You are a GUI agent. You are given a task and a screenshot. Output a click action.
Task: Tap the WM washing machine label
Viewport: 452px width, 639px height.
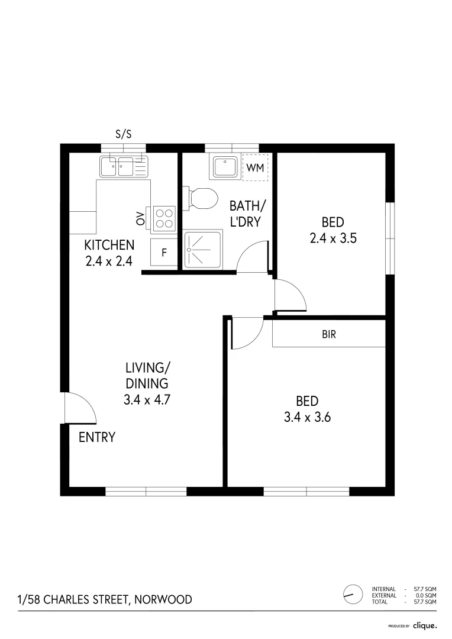[255, 167]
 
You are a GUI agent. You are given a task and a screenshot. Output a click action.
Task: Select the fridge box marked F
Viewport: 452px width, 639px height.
[164, 253]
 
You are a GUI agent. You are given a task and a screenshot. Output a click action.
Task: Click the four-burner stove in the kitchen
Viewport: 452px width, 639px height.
[165, 218]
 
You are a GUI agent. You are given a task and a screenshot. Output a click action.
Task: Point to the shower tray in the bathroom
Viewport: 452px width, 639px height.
[202, 250]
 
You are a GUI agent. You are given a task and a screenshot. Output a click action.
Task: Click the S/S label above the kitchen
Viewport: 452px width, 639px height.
[123, 134]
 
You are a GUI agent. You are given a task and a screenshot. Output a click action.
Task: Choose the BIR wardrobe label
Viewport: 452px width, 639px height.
[329, 334]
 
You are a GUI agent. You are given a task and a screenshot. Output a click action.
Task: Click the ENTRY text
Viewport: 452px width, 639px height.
[97, 438]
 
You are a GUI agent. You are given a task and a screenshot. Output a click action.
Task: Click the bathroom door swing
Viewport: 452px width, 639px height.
[253, 257]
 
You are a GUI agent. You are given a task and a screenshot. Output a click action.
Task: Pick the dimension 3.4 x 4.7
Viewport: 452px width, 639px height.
[147, 399]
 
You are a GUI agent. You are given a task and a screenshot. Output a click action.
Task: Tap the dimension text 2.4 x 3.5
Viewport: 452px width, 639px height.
[332, 238]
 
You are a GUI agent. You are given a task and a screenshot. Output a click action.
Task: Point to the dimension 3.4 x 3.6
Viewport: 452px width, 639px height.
[307, 417]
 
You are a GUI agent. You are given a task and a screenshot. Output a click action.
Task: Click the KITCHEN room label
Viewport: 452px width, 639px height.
[109, 245]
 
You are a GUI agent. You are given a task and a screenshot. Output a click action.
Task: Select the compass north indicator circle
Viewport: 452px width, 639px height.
[353, 593]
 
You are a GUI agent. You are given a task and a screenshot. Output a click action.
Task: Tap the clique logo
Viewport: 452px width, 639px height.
[425, 625]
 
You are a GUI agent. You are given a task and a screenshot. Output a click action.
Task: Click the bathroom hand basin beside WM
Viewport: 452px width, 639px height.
[225, 167]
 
